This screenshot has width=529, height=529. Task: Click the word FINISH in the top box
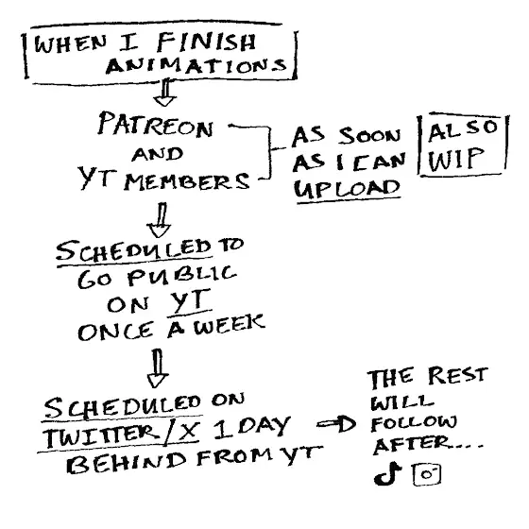206,43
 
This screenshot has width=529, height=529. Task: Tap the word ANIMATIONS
196,65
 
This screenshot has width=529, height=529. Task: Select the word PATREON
156,125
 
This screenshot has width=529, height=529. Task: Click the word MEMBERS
187,181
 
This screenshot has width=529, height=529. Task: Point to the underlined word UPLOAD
348,189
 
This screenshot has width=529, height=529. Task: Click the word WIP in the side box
456,159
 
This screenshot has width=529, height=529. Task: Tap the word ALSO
463,130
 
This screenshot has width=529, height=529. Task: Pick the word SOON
369,136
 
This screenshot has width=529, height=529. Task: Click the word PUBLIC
181,278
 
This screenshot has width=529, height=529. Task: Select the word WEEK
229,324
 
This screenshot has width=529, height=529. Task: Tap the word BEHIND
127,462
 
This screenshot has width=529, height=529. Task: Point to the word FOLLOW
414,424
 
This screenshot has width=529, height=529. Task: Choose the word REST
458,376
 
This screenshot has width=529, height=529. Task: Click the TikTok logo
388,473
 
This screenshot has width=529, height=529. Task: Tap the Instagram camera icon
426,474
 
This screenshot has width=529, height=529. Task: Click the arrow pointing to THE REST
335,424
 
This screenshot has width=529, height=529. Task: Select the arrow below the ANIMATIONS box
165,93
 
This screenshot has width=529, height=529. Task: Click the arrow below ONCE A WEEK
157,368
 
